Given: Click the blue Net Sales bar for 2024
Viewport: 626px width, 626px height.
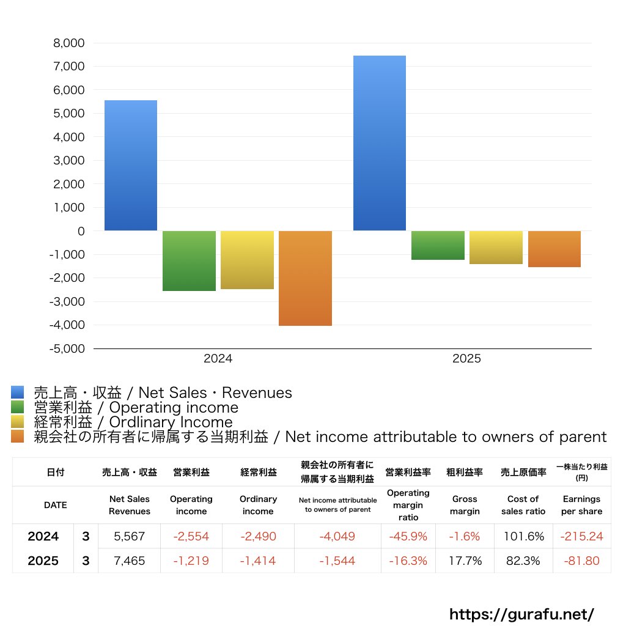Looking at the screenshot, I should tap(130, 165).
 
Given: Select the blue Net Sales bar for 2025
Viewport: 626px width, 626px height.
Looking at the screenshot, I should tap(379, 143).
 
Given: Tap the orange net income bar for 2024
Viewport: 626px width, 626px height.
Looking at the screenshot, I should tap(305, 278).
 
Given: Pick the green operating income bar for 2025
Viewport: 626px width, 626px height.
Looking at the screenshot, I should tap(437, 245).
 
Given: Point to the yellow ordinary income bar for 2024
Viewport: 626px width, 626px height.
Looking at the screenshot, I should tap(247, 260).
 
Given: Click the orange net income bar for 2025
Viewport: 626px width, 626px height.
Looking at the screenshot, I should tap(554, 249).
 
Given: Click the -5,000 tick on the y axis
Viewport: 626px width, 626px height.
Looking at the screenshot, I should tap(68, 348).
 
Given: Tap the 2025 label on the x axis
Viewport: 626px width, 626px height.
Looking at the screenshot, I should tap(466, 359).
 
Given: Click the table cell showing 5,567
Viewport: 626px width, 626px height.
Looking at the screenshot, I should tap(130, 537).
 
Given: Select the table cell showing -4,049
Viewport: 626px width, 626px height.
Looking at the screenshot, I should tap(337, 537).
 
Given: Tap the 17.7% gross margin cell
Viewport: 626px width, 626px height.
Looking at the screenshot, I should tap(465, 561).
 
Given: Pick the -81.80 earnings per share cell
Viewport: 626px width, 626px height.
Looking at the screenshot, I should tap(581, 561).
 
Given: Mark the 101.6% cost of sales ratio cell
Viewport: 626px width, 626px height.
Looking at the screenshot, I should tap(523, 537).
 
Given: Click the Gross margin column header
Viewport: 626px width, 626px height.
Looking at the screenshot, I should tap(465, 505).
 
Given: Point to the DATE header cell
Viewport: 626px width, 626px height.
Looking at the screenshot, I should tap(55, 505).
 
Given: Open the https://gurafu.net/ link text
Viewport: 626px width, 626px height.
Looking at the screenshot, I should tap(521, 614).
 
